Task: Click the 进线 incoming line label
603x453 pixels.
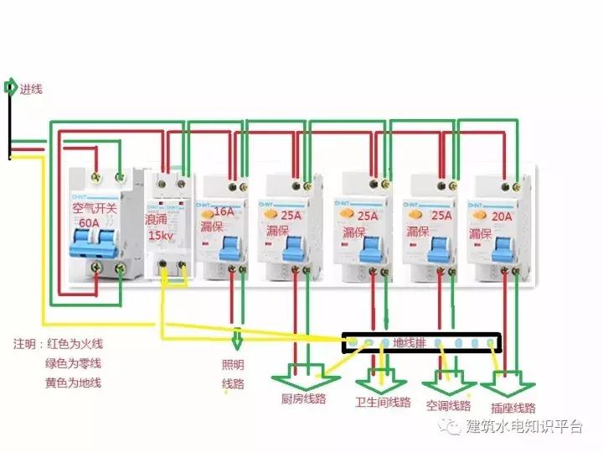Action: click(x=31, y=88)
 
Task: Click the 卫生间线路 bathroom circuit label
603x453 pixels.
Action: click(x=383, y=402)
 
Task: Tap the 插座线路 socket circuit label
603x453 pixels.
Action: click(x=513, y=409)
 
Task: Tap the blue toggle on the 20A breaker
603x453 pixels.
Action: click(x=502, y=249)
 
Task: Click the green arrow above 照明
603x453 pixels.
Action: click(x=238, y=340)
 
